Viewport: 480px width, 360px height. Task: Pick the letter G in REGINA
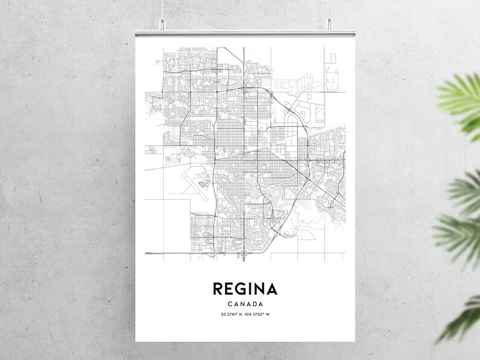point(238,287)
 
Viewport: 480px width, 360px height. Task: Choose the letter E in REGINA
point(227,287)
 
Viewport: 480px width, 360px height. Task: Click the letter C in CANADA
point(227,304)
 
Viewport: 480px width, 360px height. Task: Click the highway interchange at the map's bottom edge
point(244,257)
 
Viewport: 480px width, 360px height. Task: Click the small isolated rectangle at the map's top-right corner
point(332,58)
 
